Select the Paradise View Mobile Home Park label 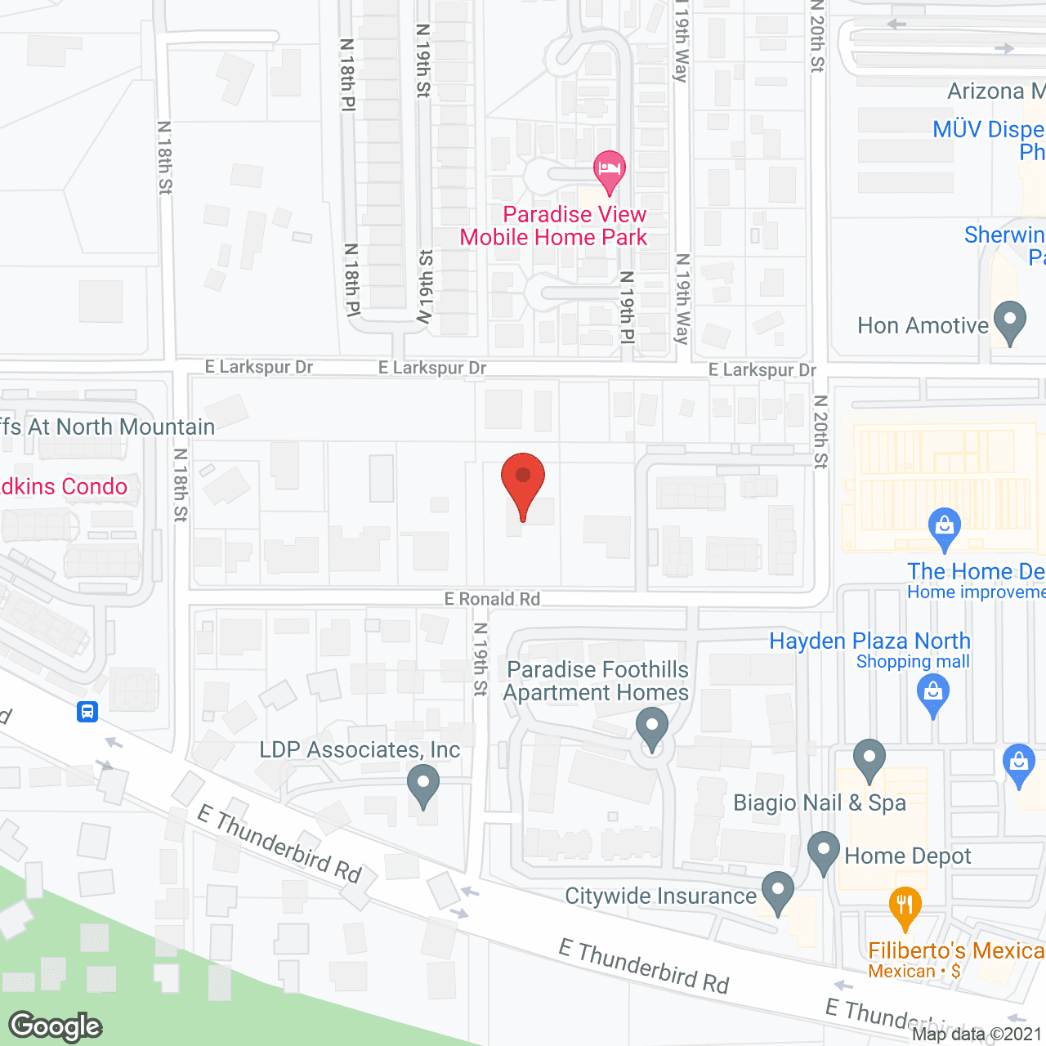[553, 226]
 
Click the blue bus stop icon [87, 711]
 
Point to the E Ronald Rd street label [492, 599]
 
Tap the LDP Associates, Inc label [360, 749]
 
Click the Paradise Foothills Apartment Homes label [597, 681]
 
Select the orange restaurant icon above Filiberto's [905, 906]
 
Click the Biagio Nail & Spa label [820, 802]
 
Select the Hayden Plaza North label [869, 641]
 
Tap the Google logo [56, 1026]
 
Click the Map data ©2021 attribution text [977, 1034]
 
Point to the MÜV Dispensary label [989, 129]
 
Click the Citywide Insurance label [661, 896]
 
